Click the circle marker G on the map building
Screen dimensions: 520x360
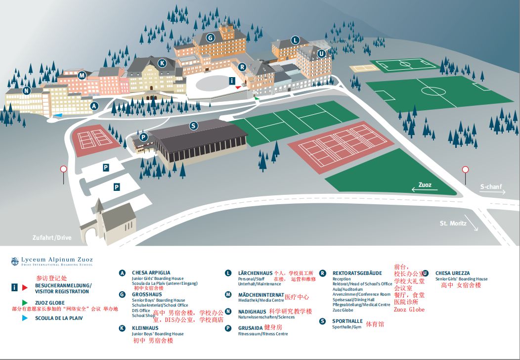[210, 38]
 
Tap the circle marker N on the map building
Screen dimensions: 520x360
[26, 90]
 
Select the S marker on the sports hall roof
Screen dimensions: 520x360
[194, 126]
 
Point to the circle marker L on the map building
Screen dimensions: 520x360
[295, 41]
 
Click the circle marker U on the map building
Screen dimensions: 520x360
[321, 53]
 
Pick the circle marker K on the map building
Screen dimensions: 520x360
[162, 63]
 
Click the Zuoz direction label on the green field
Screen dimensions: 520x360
[425, 185]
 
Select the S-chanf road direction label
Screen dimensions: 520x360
[491, 187]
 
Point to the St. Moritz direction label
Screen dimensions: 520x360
[453, 224]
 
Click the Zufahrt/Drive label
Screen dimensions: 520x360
[52, 238]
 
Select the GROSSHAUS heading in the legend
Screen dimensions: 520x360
[147, 295]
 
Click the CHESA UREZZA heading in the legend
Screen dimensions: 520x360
[452, 273]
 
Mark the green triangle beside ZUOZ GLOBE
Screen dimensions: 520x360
[24, 302]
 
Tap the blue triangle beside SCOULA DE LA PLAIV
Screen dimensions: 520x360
[24, 318]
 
